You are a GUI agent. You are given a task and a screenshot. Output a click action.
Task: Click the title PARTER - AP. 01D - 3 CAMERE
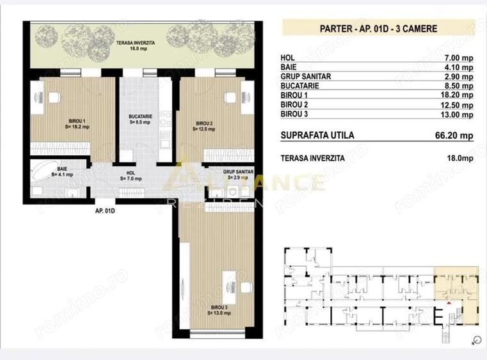pos(378,28)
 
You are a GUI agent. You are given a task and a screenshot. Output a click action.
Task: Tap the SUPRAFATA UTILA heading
pos(317,136)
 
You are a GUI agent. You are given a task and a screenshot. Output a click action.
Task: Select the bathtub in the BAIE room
pos(44,173)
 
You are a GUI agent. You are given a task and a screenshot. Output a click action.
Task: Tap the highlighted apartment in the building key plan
pos(455,288)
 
